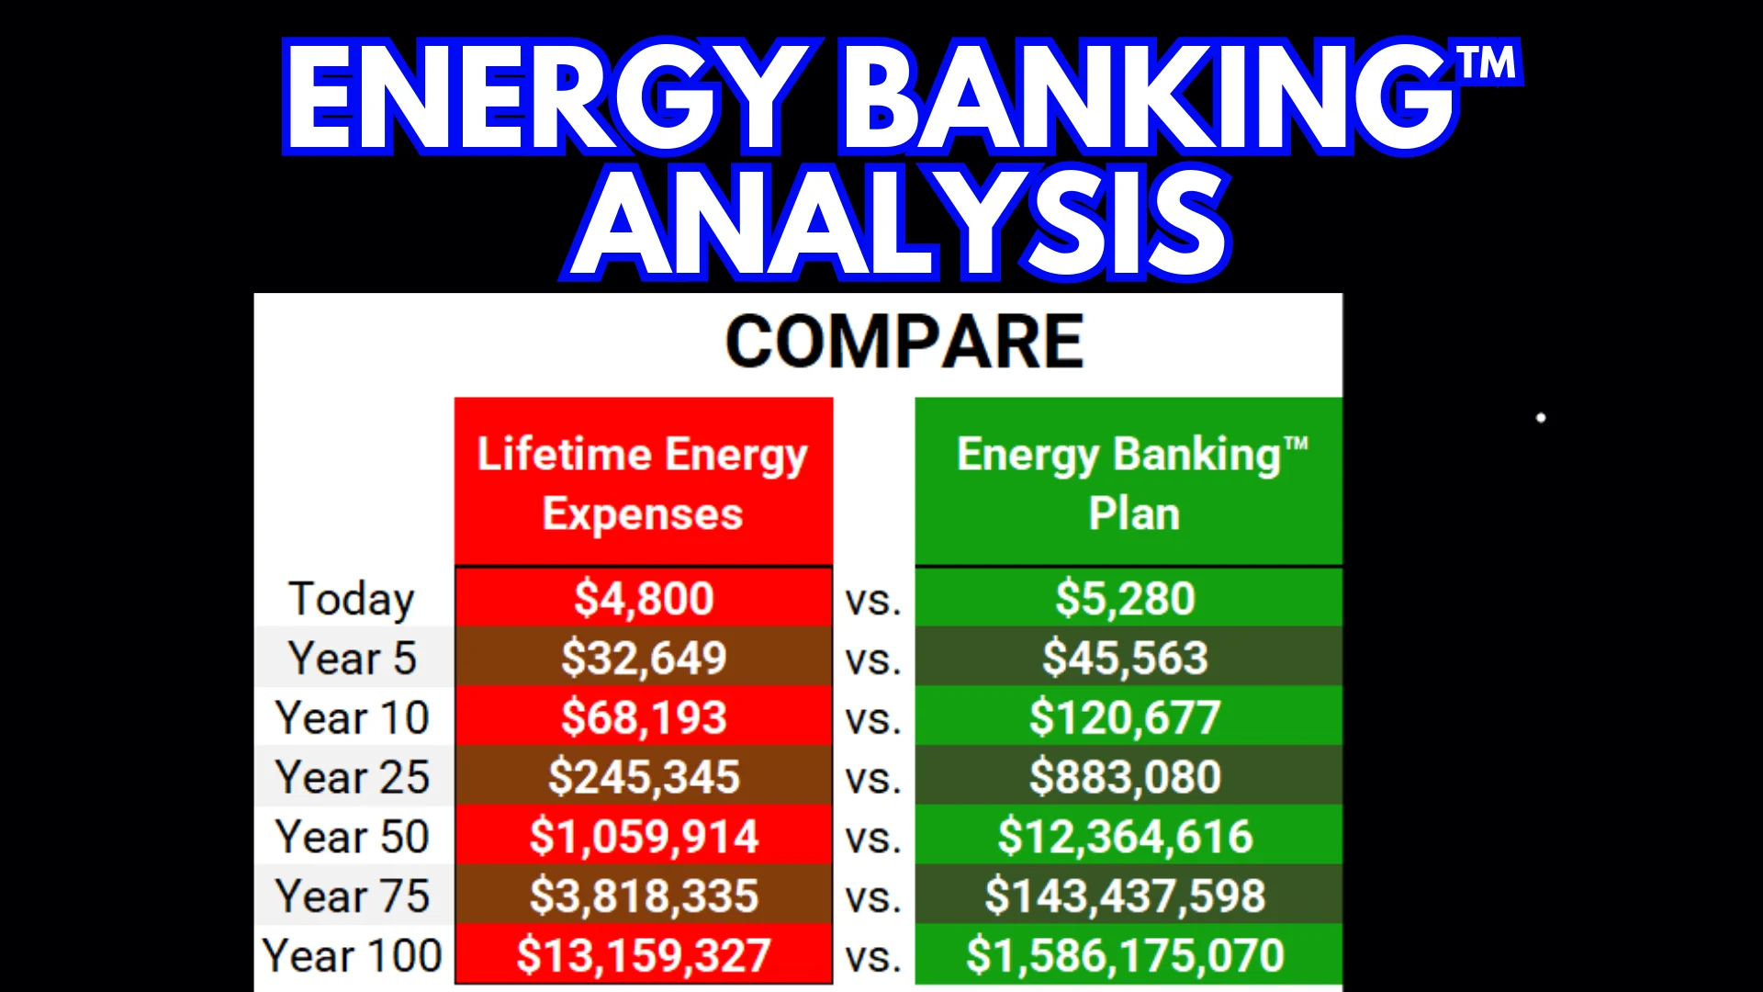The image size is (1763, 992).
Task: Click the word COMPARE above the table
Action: [904, 342]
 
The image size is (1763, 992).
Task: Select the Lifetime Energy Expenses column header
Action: [643, 483]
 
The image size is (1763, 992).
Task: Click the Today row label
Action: [352, 599]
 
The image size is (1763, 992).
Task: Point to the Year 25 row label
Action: [352, 777]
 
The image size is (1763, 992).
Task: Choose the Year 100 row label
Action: [352, 955]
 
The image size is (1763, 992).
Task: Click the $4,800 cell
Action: [644, 599]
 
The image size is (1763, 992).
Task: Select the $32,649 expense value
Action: [644, 659]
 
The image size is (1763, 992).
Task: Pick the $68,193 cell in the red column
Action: [644, 717]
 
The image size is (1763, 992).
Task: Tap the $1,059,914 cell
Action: [644, 837]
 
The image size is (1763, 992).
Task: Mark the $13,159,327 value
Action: [644, 955]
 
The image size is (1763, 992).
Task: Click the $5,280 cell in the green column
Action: [1126, 599]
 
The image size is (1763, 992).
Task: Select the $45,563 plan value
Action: [1126, 659]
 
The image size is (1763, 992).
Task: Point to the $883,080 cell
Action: [1126, 777]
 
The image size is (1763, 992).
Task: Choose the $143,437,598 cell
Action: [1126, 896]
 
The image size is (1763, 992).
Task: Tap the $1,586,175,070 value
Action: [1126, 955]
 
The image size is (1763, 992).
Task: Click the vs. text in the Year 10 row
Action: [873, 720]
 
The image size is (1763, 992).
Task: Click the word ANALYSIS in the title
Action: [899, 223]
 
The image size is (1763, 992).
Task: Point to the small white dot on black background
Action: [1541, 418]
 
